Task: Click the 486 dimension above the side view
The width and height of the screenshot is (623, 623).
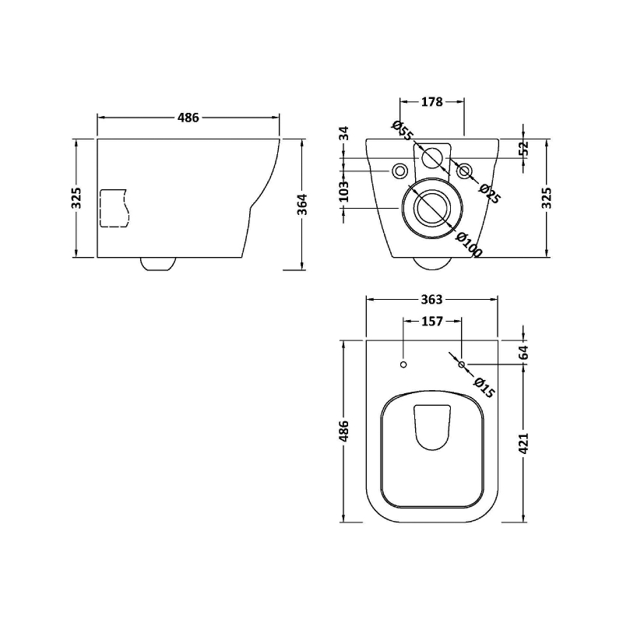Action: point(188,118)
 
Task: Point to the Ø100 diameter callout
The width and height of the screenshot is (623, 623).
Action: point(470,245)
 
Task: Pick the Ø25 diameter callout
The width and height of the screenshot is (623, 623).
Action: point(489,193)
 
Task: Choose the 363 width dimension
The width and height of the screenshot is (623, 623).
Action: point(431,300)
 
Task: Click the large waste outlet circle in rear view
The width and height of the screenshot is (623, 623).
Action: point(431,207)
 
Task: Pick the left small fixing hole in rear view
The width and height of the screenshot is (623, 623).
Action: point(400,171)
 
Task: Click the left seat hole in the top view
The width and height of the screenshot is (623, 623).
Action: point(403,364)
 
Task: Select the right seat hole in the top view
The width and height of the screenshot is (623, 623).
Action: point(462,364)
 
